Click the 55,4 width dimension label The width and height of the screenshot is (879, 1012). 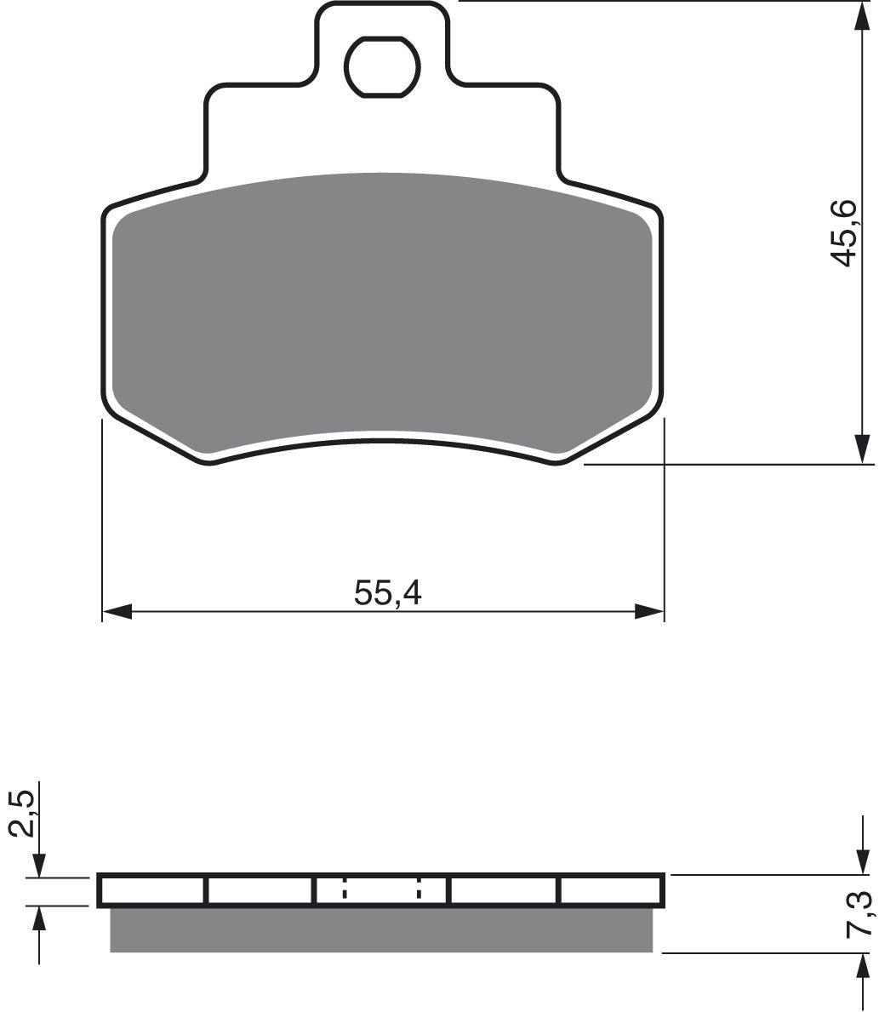[x=388, y=593]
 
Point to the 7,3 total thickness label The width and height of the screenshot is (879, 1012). [x=861, y=912]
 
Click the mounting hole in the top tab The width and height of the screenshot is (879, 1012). [x=382, y=66]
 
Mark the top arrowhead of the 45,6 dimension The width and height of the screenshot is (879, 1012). [x=862, y=17]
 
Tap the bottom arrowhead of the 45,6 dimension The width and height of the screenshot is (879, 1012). [x=862, y=449]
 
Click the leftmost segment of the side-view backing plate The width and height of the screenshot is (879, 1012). [x=153, y=890]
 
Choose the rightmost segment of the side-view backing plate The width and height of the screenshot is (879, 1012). [x=611, y=890]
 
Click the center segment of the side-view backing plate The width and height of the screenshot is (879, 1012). [x=381, y=890]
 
